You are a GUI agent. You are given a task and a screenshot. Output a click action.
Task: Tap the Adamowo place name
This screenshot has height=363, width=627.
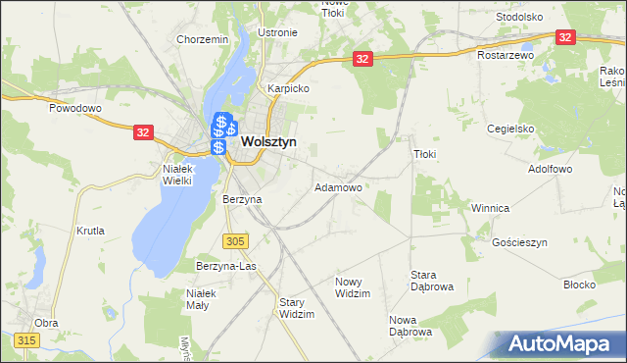click(x=338, y=186)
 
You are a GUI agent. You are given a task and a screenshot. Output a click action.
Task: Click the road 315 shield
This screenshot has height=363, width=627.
click(x=26, y=339)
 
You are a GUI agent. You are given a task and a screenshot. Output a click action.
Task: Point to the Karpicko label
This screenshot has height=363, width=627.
click(x=289, y=88)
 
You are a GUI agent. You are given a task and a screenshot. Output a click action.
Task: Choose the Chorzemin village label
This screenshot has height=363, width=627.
click(x=203, y=39)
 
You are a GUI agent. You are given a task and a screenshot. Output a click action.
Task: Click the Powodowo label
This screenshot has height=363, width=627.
click(x=76, y=108)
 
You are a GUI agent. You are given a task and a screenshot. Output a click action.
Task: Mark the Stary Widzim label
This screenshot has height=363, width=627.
click(x=296, y=308)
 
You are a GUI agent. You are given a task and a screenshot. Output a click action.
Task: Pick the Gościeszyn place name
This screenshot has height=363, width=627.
click(x=520, y=242)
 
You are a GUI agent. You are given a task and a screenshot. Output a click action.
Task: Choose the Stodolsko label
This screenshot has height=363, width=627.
click(x=519, y=17)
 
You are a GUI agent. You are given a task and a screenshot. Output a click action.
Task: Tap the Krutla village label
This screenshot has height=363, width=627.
click(x=90, y=232)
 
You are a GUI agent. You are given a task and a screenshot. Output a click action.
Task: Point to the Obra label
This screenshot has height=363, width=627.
click(x=46, y=322)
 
